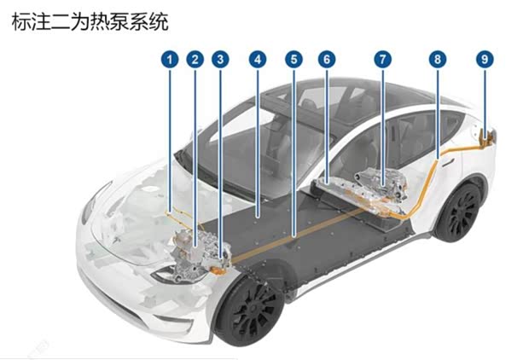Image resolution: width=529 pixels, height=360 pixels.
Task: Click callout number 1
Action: click(x=170, y=60)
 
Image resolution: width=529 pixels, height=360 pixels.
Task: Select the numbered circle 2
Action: click(x=195, y=60)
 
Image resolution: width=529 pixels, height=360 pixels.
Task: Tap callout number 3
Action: click(x=220, y=60)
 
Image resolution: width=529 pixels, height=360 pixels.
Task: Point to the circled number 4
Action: click(x=258, y=60)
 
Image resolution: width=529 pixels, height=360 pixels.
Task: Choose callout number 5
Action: click(x=294, y=60)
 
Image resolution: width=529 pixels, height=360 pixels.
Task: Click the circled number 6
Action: click(x=327, y=60)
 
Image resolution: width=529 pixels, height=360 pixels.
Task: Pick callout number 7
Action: click(x=382, y=60)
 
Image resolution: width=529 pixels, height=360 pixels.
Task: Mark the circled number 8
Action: click(x=438, y=60)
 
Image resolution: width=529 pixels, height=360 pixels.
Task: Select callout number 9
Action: click(x=485, y=60)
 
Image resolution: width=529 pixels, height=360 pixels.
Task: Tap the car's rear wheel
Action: click(x=459, y=212)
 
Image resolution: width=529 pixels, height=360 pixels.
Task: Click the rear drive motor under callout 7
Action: click(x=381, y=184)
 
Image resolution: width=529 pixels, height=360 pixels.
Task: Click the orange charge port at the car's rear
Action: click(x=485, y=137)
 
